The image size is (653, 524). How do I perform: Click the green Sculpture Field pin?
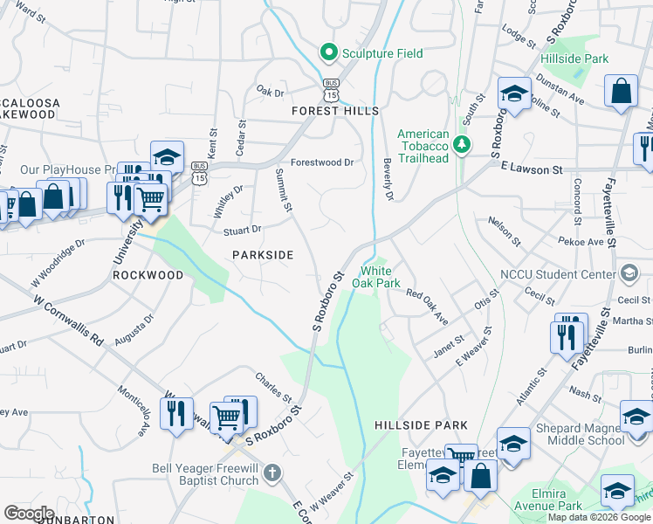[x=329, y=53]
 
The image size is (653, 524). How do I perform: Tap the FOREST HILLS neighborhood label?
[x=335, y=111]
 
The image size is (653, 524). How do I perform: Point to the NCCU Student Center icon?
[x=627, y=273]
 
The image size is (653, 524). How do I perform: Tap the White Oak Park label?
[x=376, y=277]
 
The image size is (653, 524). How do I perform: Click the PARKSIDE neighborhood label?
[x=262, y=254]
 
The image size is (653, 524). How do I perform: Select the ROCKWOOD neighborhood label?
[x=148, y=275]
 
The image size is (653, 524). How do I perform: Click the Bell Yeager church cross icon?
[x=272, y=473]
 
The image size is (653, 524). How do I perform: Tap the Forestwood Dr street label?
[x=322, y=162]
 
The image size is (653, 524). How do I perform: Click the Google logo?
[x=29, y=513]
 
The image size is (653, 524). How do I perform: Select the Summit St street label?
[x=284, y=190]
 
